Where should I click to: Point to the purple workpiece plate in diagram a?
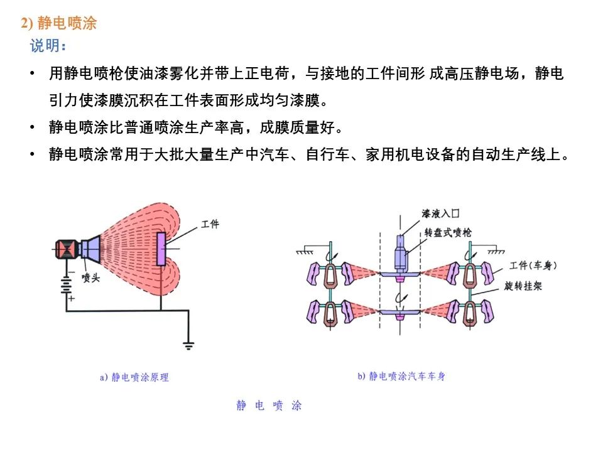(x=161, y=248)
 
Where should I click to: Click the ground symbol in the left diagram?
(x=188, y=345)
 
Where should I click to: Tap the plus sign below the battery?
(x=71, y=299)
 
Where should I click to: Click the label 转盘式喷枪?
(x=448, y=233)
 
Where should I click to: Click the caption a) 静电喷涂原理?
(x=134, y=378)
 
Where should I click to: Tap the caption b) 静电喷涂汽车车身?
(x=402, y=377)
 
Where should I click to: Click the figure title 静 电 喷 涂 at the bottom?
(x=269, y=406)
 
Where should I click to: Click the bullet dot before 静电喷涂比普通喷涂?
(x=31, y=128)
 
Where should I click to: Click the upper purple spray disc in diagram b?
(x=399, y=274)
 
